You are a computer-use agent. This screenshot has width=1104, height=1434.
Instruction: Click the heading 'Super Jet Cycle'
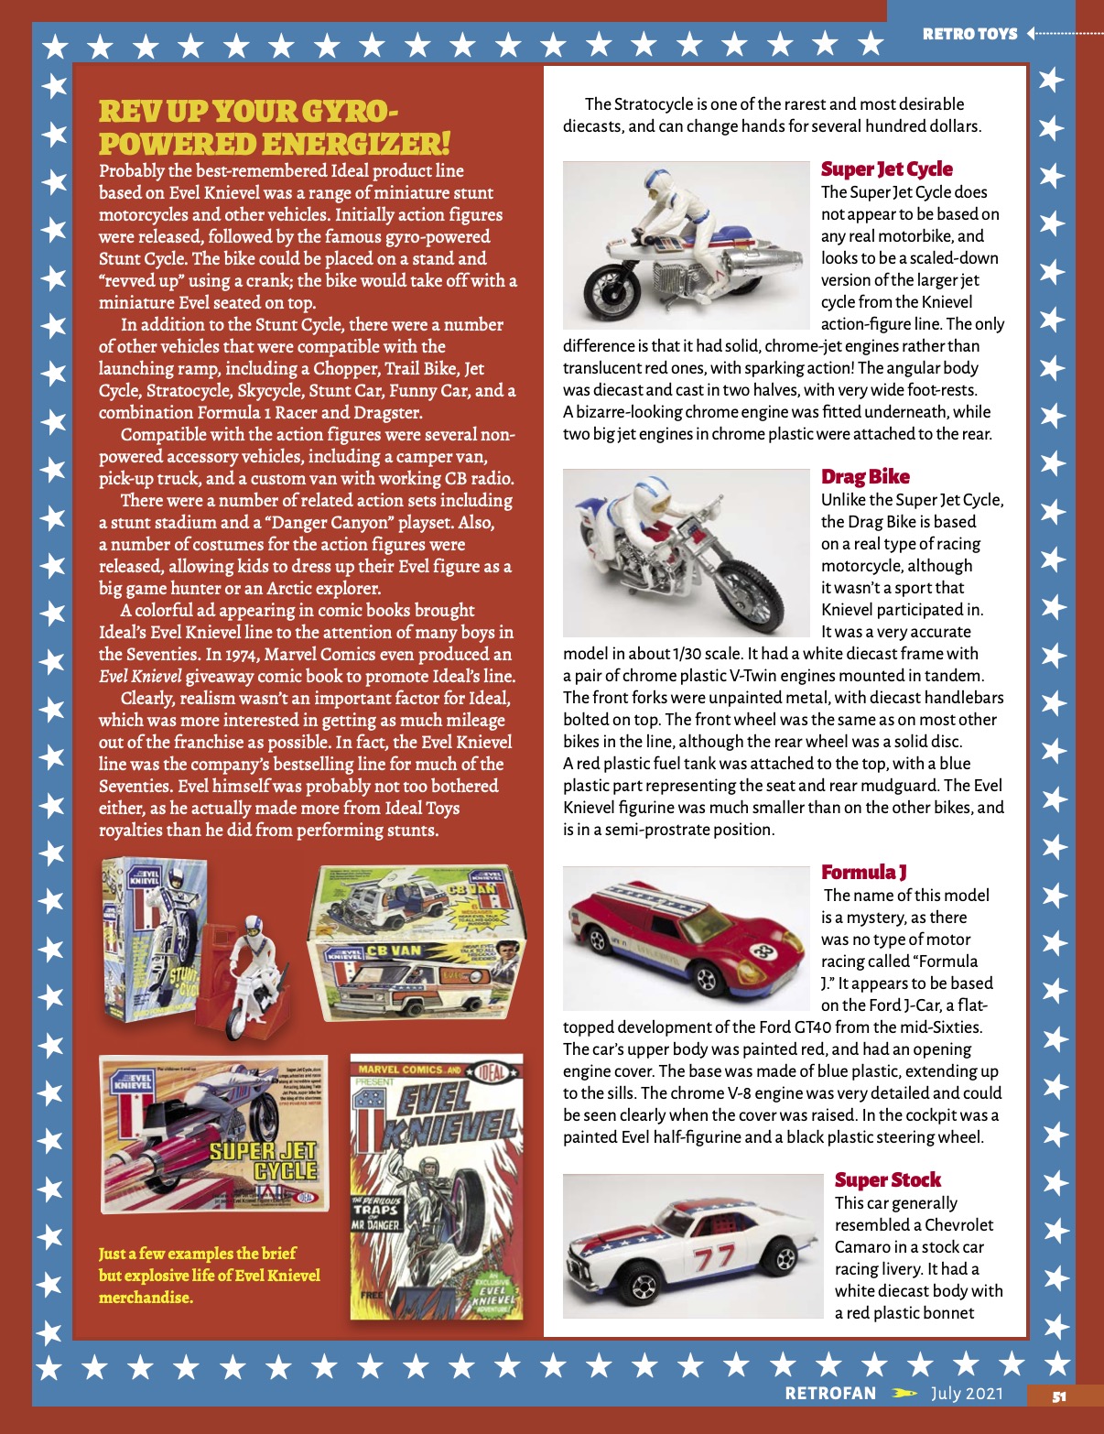coord(886,169)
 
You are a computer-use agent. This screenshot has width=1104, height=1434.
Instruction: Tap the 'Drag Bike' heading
coord(865,477)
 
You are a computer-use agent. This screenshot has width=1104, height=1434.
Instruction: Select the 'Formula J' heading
coord(863,873)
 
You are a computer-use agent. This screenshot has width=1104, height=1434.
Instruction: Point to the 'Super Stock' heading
coord(887,1180)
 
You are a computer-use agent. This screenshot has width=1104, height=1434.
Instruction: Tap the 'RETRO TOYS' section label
coord(969,34)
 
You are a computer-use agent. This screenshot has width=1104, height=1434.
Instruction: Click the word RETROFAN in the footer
coord(830,1394)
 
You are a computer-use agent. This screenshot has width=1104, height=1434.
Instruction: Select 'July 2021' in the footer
coord(967,1394)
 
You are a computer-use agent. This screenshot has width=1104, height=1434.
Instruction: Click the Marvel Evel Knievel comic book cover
coord(437,1188)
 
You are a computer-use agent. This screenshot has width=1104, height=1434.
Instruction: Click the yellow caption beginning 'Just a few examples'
coord(210,1276)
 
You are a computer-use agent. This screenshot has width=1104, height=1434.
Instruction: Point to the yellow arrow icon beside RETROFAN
coord(904,1394)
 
